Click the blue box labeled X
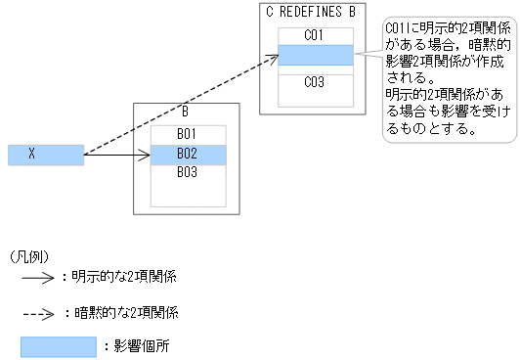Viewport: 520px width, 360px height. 45,155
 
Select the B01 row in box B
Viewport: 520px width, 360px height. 188,134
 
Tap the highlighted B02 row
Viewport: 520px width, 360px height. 188,154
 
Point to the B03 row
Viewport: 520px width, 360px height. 188,172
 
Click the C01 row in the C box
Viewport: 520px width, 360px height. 314,35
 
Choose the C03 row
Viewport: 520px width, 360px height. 314,82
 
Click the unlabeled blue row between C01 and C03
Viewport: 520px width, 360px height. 314,56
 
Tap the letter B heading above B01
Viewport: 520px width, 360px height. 185,111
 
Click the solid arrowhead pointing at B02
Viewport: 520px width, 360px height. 145,155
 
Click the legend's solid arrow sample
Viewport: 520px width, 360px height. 37,278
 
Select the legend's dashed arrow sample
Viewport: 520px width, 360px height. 37,314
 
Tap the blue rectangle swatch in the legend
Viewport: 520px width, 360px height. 59,346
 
